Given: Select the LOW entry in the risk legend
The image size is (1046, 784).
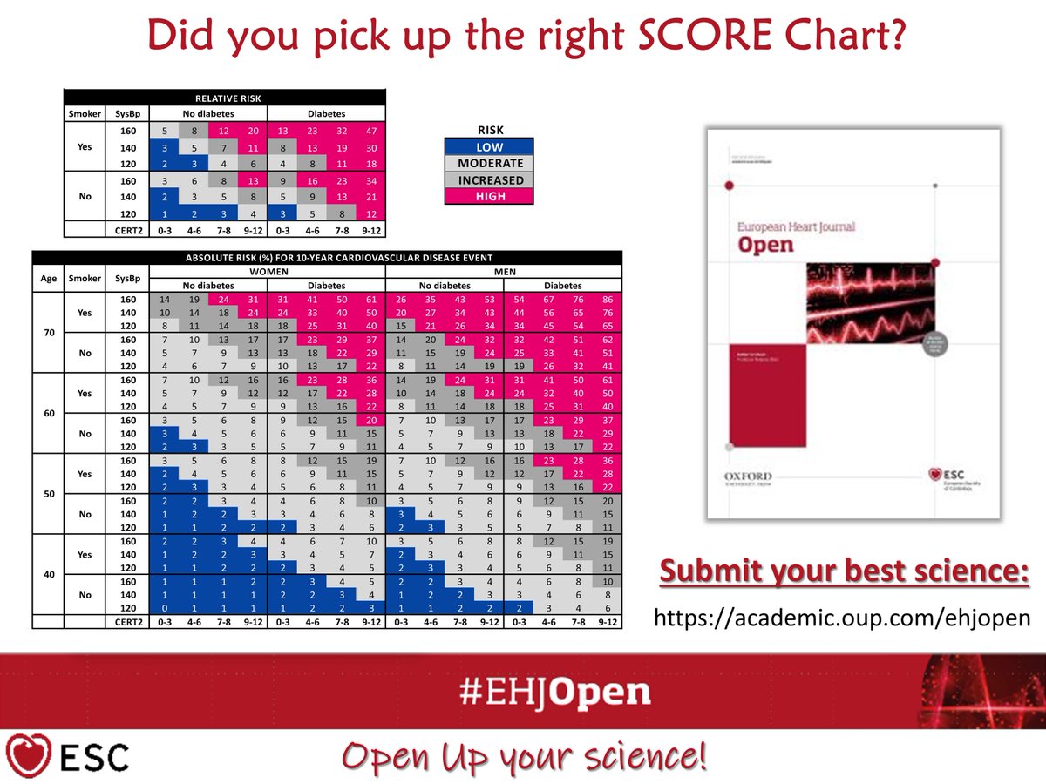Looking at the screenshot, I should pyautogui.click(x=490, y=147).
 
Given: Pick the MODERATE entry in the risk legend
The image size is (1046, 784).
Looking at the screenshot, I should pyautogui.click(x=490, y=164).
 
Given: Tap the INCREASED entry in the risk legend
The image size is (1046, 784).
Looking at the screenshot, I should pyautogui.click(x=490, y=180).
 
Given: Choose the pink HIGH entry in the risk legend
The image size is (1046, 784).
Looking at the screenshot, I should pyautogui.click(x=490, y=197).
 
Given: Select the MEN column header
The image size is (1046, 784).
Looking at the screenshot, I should pyautogui.click(x=503, y=272).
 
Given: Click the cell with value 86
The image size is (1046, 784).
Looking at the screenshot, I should pyautogui.click(x=607, y=300).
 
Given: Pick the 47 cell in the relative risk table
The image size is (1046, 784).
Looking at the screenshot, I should pyautogui.click(x=370, y=130).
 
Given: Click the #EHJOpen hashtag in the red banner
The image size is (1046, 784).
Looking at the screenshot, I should pyautogui.click(x=555, y=693).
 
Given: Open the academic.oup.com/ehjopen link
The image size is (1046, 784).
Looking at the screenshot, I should pyautogui.click(x=842, y=618).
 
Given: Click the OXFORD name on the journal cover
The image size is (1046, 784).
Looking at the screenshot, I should pyautogui.click(x=747, y=476).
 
